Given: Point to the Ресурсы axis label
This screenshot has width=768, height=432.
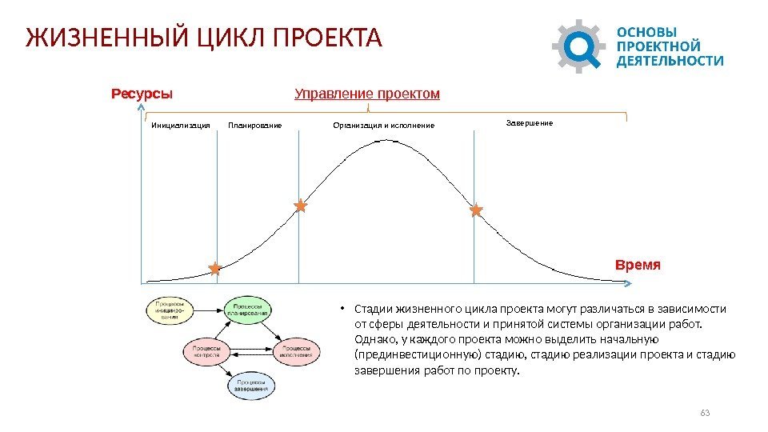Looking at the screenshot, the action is pos(142,94).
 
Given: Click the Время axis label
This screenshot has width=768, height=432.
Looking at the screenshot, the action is pos(638,264).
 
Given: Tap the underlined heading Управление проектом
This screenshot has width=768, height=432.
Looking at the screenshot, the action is pos(367,94).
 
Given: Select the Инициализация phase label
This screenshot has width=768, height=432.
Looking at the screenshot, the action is pos(181,126).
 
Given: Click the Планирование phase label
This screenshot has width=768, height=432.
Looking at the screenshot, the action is pos(255,126).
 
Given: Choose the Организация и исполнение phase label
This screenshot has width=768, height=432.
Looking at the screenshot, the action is pos(384,126).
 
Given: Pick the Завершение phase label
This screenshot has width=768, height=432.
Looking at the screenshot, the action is pos(530,124).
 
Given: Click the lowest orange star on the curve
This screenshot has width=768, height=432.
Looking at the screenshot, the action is pos(214,270).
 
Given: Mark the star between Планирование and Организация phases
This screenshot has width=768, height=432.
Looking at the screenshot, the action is pos(300,206).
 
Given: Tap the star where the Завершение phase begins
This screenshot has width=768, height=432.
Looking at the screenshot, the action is pos(476,210).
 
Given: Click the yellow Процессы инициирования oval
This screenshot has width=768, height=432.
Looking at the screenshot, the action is pos(170,311).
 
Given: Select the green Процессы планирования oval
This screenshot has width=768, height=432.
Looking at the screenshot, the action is pos(248,310).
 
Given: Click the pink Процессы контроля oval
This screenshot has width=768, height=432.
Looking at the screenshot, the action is pos(206,350).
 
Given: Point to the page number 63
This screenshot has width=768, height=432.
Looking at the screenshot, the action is pos(705,413).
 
